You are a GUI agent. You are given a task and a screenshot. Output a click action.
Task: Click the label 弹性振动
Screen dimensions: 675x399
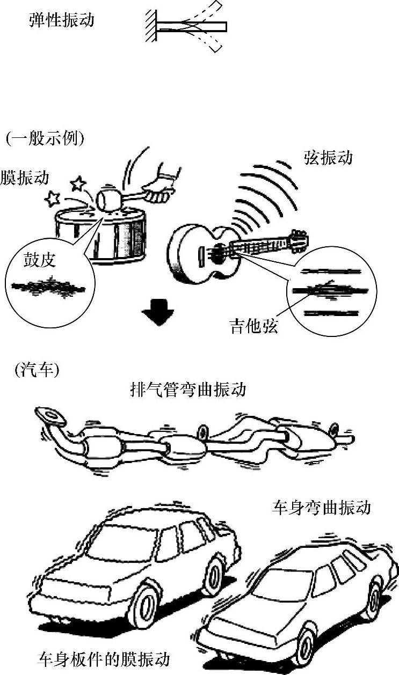pyautogui.click(x=61, y=20)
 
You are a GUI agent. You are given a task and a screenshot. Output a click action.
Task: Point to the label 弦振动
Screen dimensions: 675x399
pyautogui.click(x=328, y=158)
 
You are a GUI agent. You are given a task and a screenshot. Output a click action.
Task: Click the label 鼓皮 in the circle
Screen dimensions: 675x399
pyautogui.click(x=40, y=261)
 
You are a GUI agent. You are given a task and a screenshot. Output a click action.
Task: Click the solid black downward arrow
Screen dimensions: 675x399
pyautogui.click(x=157, y=314)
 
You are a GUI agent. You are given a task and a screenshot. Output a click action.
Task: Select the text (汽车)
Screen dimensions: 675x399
pyautogui.click(x=37, y=370)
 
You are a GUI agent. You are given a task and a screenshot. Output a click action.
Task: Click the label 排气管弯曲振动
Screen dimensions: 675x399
pyautogui.click(x=188, y=389)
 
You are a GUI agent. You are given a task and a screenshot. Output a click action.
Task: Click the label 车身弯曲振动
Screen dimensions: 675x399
pyautogui.click(x=321, y=508)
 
